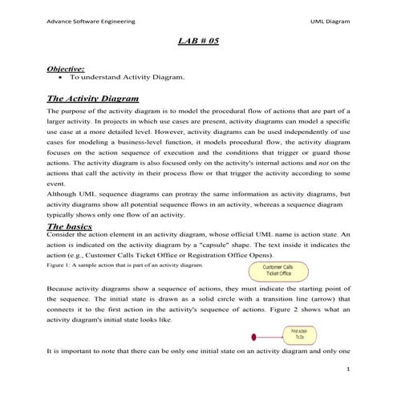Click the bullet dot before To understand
coord(62,79)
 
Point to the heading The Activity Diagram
coord(94,98)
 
